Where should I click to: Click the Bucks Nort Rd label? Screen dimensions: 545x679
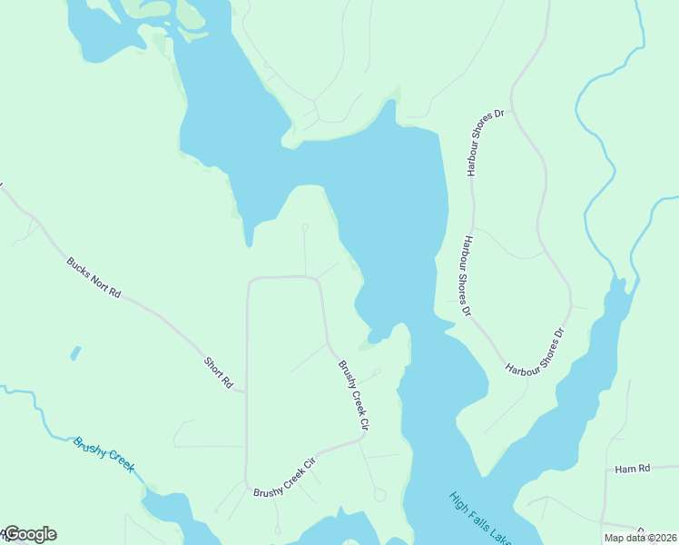pos(93,278)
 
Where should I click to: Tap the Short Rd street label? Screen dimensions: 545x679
pos(218,372)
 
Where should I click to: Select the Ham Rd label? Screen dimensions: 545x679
pos(633,469)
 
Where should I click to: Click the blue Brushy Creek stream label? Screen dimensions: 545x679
pos(104,455)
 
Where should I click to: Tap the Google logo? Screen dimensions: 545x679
pos(30,534)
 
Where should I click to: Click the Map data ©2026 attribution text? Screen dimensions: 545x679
pos(640,538)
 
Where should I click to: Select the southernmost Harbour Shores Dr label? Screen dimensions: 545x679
pos(536,352)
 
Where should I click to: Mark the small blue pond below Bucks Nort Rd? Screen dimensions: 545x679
pos(74,352)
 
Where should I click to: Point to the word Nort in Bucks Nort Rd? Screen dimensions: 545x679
pos(95,279)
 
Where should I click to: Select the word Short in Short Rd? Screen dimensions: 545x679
pos(213,367)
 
